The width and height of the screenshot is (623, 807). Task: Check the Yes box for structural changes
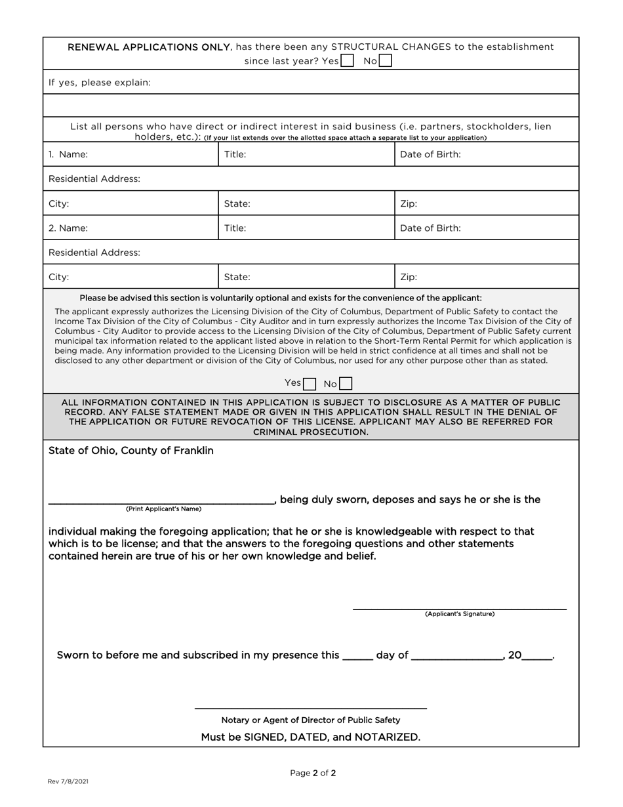[348, 61]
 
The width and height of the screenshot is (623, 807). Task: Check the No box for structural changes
[386, 61]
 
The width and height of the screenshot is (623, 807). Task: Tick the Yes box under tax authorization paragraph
[310, 384]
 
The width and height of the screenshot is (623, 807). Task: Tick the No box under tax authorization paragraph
[346, 384]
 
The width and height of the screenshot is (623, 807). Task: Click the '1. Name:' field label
[68, 155]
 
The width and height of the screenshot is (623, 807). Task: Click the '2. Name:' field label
[68, 228]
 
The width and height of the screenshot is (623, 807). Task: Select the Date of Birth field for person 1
[486, 155]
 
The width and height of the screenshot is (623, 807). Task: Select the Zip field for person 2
[486, 277]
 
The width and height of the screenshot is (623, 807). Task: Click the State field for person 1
[306, 204]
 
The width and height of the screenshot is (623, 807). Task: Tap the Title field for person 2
[306, 228]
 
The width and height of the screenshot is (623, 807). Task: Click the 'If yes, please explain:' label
[100, 83]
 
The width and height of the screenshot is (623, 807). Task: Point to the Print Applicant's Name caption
[163, 509]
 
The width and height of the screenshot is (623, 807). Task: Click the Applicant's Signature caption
[460, 614]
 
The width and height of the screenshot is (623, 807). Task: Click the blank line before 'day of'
[357, 655]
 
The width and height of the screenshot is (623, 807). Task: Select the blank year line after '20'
[537, 655]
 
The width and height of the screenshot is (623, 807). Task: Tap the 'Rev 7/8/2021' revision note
[68, 781]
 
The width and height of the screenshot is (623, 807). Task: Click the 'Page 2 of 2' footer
[313, 773]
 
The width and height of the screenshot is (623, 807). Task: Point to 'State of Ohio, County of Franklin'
[131, 451]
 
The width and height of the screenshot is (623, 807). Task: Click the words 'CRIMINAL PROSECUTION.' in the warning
[311, 432]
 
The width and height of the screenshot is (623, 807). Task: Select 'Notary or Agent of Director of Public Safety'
[311, 720]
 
